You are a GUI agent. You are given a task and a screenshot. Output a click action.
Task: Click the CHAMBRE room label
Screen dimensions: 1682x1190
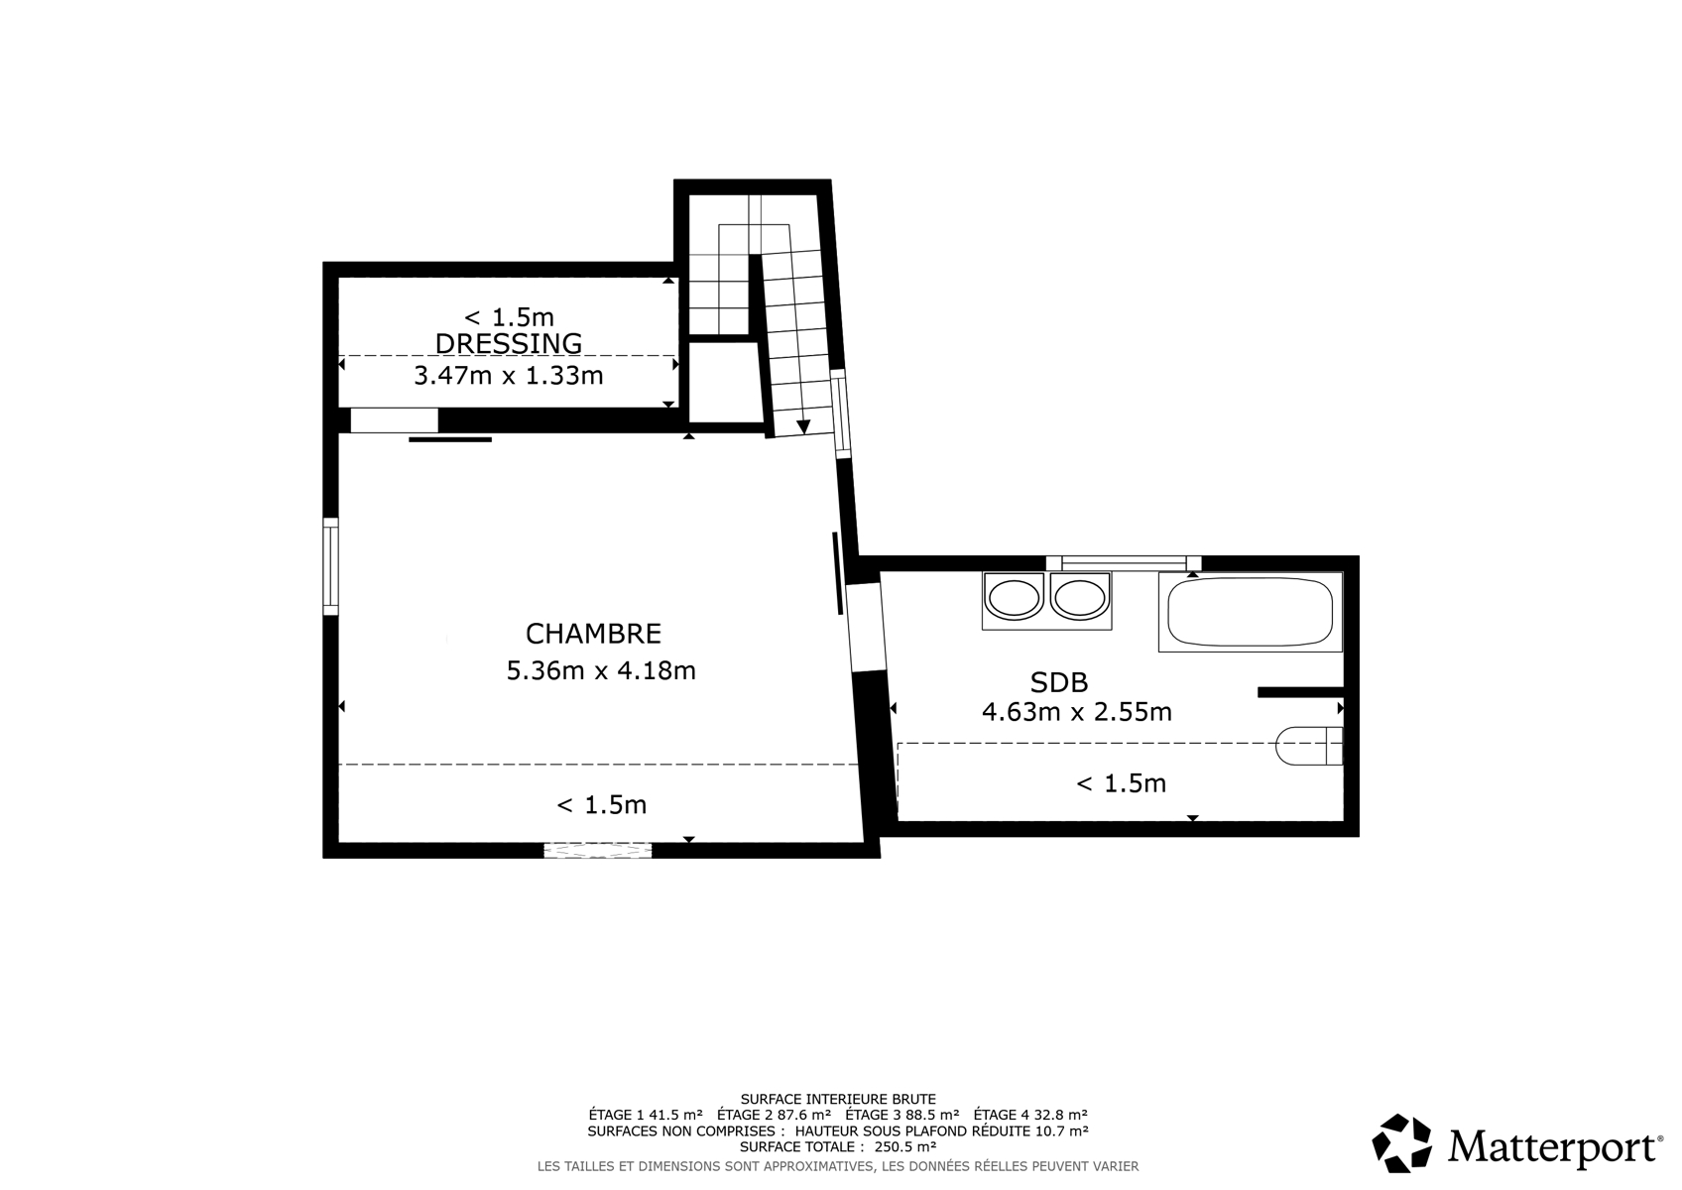593,634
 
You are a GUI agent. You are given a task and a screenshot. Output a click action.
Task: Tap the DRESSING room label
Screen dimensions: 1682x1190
509,343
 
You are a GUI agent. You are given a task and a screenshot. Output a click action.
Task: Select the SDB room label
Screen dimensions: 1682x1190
1059,681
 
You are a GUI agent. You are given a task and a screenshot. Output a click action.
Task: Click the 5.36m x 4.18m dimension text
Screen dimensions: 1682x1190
601,669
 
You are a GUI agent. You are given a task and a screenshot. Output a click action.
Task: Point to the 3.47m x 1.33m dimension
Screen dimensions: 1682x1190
509,375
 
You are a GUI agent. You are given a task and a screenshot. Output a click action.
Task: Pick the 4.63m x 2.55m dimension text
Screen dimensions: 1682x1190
1077,711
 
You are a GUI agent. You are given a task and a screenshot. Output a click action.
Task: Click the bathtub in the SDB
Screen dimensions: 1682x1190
1251,612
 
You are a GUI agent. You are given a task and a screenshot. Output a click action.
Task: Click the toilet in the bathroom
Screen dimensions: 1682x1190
1309,746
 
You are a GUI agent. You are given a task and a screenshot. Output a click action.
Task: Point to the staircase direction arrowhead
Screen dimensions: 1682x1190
803,426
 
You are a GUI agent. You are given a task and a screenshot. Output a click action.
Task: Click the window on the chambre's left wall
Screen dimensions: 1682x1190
330,566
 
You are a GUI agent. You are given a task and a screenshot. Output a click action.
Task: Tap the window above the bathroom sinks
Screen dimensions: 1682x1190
1124,563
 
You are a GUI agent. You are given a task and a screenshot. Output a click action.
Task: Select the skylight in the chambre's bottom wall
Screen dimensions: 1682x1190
598,850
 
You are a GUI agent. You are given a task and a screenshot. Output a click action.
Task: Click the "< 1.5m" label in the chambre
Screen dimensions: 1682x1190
601,805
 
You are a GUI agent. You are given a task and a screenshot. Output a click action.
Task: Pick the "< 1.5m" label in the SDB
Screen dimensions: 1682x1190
1121,783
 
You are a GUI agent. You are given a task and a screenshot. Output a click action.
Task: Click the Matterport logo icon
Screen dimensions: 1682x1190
1401,1143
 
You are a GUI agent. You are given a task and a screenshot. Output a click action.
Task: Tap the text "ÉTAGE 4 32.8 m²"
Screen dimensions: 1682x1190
1031,1115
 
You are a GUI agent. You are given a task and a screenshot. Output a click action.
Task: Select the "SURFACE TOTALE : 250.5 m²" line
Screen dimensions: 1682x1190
838,1146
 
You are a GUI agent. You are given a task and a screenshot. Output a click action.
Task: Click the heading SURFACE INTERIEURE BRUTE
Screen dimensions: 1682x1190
838,1099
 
